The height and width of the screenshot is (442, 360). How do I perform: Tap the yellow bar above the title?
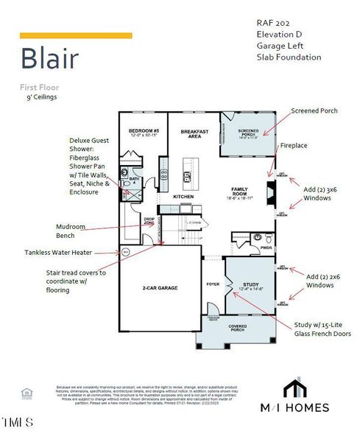76,35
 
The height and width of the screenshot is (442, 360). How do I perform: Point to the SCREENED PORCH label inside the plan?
247,133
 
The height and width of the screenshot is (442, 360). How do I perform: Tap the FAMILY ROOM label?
240,193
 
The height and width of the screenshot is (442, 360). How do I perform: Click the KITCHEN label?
183,197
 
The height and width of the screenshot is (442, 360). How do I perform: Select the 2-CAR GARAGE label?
161,287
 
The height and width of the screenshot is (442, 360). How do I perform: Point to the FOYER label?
213,283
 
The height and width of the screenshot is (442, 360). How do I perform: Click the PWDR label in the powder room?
266,248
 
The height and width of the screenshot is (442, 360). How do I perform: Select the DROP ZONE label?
149,221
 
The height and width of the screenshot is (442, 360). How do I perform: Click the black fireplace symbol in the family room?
270,196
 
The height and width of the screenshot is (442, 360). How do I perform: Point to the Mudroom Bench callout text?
76,231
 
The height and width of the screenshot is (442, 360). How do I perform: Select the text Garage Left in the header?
280,45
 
